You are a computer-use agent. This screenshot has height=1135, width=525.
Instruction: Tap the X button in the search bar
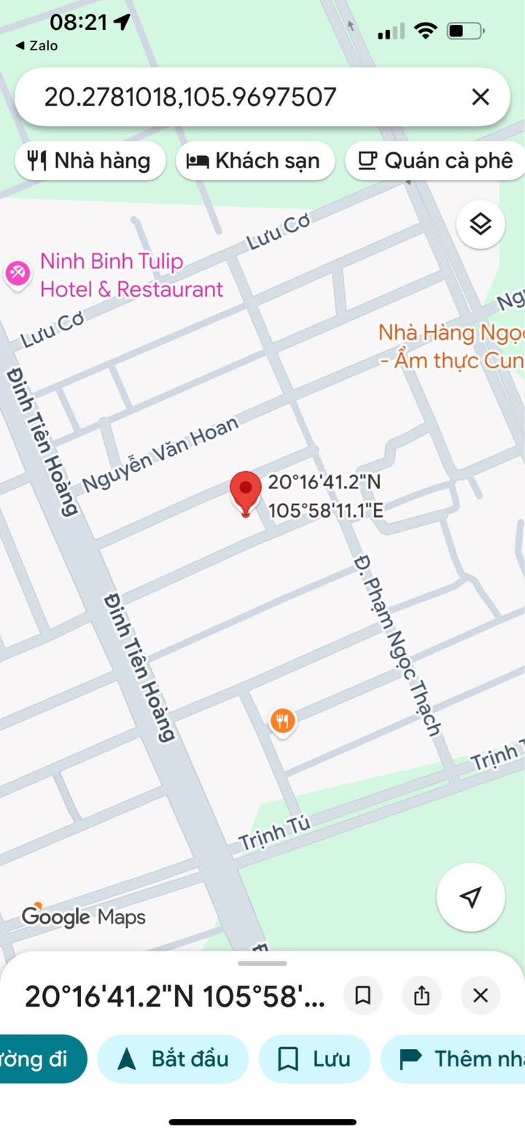pyautogui.click(x=480, y=97)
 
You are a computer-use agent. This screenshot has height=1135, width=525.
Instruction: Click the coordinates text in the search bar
pyautogui.click(x=190, y=97)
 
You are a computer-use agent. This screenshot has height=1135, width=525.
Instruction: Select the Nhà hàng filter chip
pyautogui.click(x=90, y=160)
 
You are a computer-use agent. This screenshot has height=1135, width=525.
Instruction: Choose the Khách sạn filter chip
pyautogui.click(x=254, y=160)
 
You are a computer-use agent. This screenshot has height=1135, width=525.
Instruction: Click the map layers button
pyautogui.click(x=481, y=225)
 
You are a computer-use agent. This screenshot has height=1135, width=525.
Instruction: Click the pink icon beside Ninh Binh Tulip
pyautogui.click(x=17, y=273)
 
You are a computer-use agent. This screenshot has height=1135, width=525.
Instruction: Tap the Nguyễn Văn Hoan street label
pyautogui.click(x=160, y=453)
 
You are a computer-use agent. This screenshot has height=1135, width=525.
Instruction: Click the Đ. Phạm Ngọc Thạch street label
pyautogui.click(x=398, y=644)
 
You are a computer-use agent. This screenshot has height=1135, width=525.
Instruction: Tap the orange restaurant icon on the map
pyautogui.click(x=282, y=722)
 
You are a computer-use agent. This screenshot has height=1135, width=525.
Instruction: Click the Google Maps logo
pyautogui.click(x=83, y=916)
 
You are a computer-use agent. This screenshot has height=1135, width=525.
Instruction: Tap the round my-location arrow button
pyautogui.click(x=470, y=897)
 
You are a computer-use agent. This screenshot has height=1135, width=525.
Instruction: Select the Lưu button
pyautogui.click(x=314, y=1058)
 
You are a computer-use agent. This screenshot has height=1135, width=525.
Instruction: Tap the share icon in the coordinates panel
pyautogui.click(x=421, y=996)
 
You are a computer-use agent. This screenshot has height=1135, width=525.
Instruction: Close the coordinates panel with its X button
pyautogui.click(x=480, y=996)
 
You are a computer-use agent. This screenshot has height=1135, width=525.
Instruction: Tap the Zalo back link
pyautogui.click(x=36, y=46)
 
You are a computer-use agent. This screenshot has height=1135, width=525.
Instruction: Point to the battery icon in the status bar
pyautogui.click(x=464, y=31)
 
